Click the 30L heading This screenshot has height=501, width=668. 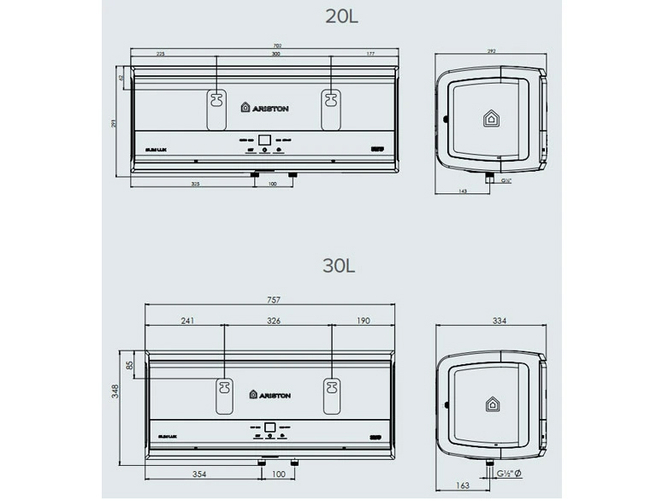(x=339, y=265)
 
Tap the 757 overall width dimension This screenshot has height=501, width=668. (x=274, y=300)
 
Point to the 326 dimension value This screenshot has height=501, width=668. (x=275, y=321)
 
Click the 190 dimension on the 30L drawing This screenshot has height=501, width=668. (x=364, y=321)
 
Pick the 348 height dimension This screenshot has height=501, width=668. (x=114, y=392)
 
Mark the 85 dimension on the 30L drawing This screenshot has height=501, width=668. (x=129, y=366)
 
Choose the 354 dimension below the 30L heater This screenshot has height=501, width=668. (x=201, y=473)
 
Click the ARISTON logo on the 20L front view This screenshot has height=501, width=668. (x=267, y=109)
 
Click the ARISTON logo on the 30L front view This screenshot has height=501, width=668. (x=270, y=394)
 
